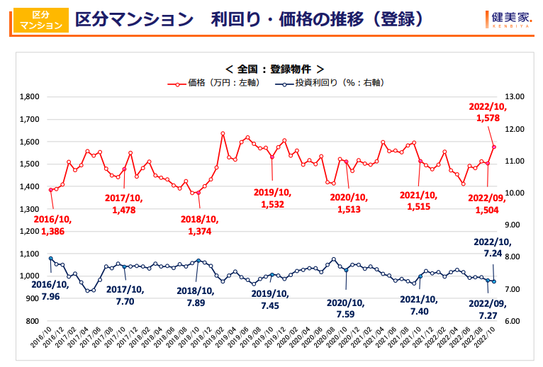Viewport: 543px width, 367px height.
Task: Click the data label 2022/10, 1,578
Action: coord(488,113)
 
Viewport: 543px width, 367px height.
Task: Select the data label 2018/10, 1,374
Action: coord(199,225)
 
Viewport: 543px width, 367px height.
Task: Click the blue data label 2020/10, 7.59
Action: coord(346,309)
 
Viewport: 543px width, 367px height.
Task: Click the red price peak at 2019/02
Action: coord(223,133)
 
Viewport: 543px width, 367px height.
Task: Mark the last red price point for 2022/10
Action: coord(494,147)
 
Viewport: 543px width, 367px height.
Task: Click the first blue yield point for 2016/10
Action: coord(50,259)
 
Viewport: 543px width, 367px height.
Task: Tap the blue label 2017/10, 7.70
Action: coord(125,295)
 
